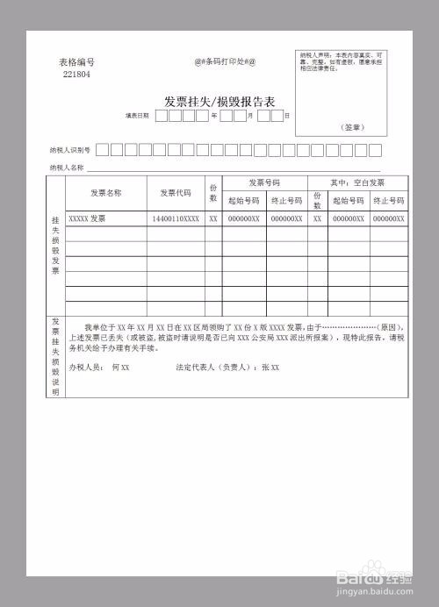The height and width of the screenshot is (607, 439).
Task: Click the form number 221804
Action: coord(76,75)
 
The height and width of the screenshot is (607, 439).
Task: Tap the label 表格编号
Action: coord(76,62)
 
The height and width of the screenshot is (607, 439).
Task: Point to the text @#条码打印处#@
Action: coord(225,61)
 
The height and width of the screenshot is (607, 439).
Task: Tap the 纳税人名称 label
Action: coord(67,167)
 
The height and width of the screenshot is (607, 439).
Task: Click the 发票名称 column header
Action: coord(105,192)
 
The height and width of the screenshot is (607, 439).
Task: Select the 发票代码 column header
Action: coord(176,192)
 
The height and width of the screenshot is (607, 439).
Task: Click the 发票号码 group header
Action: coord(263,183)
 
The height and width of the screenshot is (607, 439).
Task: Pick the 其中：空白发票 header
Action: coord(357,183)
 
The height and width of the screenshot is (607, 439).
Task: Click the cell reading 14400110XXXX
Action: coord(176,218)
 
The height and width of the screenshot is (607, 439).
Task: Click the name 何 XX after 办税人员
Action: coord(120,367)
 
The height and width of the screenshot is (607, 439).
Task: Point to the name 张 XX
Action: coord(270,367)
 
